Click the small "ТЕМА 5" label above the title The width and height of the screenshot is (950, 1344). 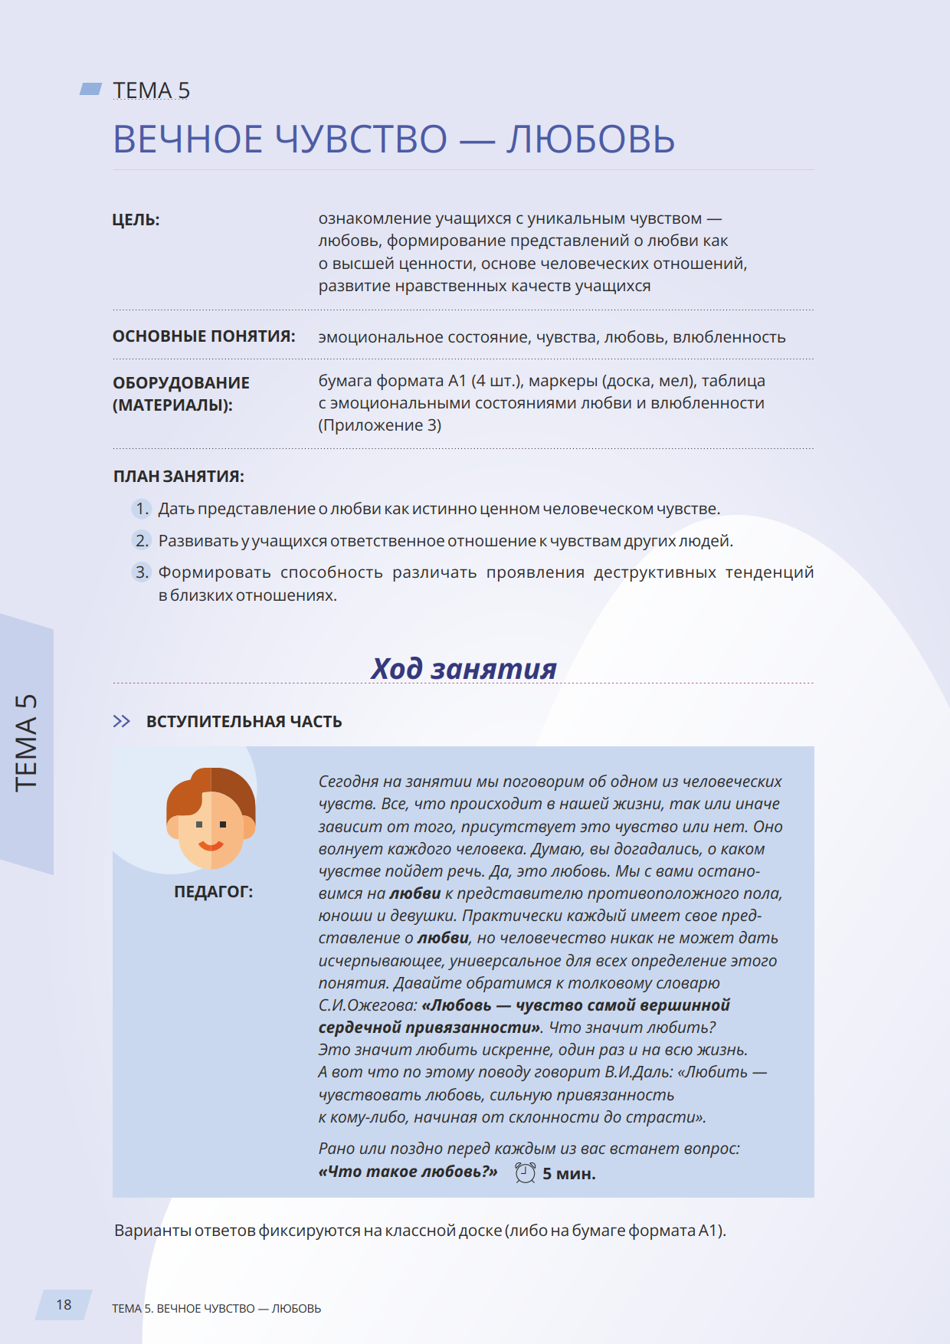tap(151, 90)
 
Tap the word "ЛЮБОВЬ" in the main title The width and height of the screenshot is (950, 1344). tap(590, 139)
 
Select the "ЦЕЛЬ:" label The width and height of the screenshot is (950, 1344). tap(136, 220)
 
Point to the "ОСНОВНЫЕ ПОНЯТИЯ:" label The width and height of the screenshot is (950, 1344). tap(204, 336)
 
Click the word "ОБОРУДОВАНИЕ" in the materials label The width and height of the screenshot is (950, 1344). tap(181, 382)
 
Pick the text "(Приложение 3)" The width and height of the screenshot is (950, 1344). tap(380, 425)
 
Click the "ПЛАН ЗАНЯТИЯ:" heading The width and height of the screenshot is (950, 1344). tap(179, 477)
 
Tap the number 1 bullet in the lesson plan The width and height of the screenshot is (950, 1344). tap(142, 509)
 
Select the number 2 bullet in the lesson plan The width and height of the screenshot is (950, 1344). tap(142, 541)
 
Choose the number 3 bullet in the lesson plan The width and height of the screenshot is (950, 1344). tap(142, 572)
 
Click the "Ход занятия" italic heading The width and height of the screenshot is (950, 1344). tap(464, 668)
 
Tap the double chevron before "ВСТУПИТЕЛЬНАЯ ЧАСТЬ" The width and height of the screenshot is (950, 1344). tap(121, 721)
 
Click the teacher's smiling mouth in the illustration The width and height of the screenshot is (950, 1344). tap(211, 846)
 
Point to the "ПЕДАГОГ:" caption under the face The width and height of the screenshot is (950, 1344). tap(213, 892)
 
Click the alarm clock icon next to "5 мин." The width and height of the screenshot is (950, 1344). tap(526, 1172)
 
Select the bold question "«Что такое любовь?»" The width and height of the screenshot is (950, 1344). tap(408, 1172)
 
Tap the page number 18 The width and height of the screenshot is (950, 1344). tap(64, 1304)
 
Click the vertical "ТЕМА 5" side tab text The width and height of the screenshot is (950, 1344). tap(26, 742)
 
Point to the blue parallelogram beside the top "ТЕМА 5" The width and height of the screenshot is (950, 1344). tap(91, 90)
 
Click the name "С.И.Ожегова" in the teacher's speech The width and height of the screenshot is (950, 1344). tap(368, 1005)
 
